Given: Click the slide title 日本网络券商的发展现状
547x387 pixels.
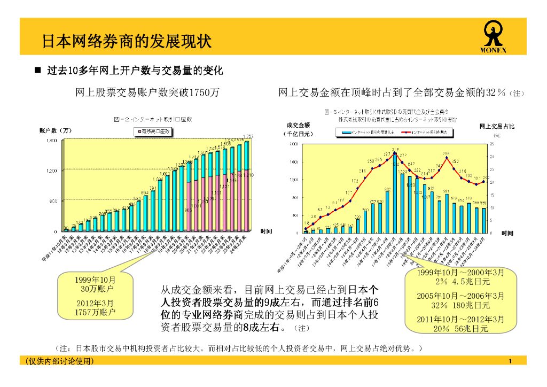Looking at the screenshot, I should tap(127, 41).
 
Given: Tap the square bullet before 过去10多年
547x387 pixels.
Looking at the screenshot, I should tap(37, 71).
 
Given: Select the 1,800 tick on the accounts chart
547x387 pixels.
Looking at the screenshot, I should tap(51, 140).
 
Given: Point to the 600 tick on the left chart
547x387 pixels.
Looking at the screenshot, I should tap(53, 201).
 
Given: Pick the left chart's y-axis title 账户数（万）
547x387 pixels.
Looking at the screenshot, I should tap(56, 130).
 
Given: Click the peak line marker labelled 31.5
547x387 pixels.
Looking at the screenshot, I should tap(395, 154).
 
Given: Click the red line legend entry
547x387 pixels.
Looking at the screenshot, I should tap(427, 131).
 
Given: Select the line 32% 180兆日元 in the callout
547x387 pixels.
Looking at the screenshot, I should tap(460, 305).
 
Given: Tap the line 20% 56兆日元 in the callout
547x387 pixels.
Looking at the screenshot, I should tap(461, 329).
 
